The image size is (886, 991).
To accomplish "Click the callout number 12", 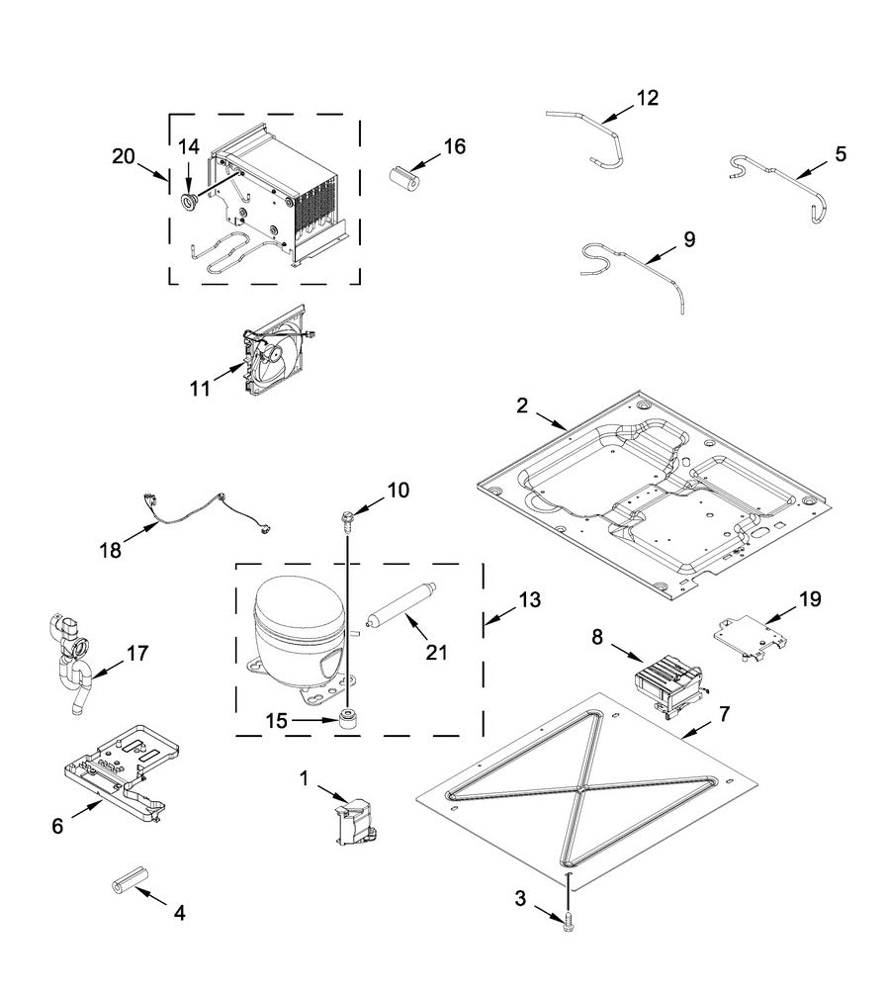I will click(x=647, y=98).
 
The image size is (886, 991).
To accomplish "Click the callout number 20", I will click(x=124, y=156).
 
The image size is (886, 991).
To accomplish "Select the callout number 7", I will click(x=725, y=713).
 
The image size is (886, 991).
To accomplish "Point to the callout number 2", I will click(x=521, y=405).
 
